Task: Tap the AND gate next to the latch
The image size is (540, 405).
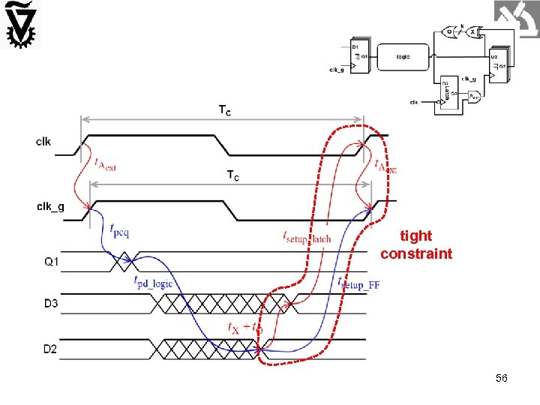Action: click(x=475, y=96)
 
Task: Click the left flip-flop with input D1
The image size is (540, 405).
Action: click(x=358, y=54)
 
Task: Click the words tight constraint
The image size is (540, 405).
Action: click(x=416, y=245)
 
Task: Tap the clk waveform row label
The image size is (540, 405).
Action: click(x=43, y=142)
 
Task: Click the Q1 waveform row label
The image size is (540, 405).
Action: click(x=52, y=262)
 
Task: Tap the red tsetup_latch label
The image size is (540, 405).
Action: click(x=307, y=237)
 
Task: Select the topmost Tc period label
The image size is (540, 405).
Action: click(x=224, y=110)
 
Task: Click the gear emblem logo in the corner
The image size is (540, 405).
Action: click(x=20, y=25)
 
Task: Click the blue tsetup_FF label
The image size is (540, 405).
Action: click(x=358, y=283)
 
